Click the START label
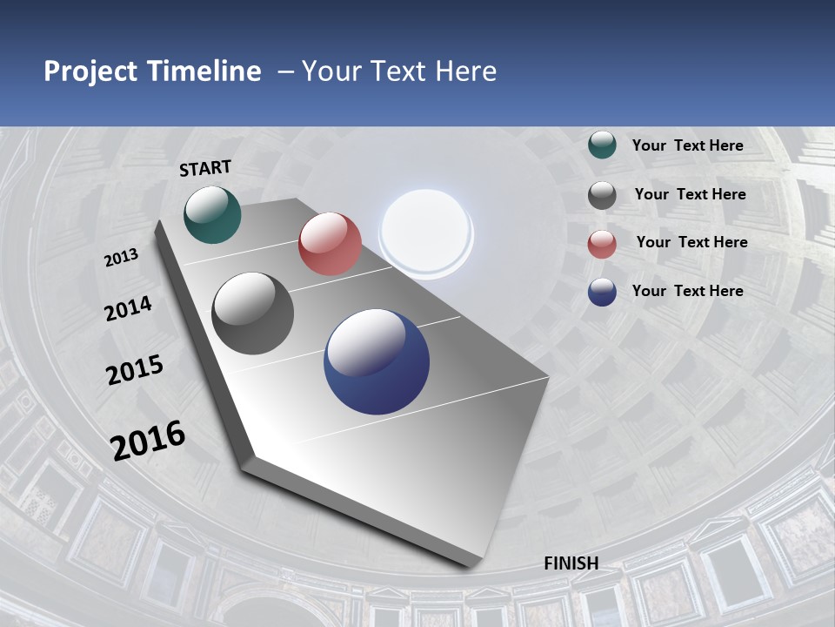tap(205, 168)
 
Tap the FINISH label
tap(571, 563)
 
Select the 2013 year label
tap(122, 258)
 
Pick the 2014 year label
tap(129, 309)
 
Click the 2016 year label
tap(148, 441)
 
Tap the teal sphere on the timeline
tap(212, 214)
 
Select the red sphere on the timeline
tap(330, 244)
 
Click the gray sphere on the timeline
tap(253, 313)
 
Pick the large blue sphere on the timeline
tap(377, 361)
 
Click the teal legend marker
tap(602, 145)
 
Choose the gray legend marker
tap(602, 195)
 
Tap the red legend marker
tap(602, 244)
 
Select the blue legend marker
tap(602, 292)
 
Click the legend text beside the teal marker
tap(687, 145)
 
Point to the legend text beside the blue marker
tap(687, 291)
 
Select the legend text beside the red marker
tap(691, 242)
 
